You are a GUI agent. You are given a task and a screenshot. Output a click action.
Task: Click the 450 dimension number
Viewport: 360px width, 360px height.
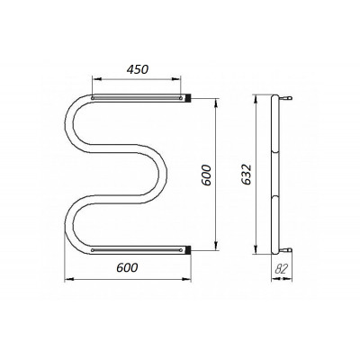[x=138, y=69]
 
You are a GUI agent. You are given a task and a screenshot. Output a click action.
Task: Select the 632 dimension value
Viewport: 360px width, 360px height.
[x=247, y=175]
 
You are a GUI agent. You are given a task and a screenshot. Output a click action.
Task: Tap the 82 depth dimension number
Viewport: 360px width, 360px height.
[x=282, y=269]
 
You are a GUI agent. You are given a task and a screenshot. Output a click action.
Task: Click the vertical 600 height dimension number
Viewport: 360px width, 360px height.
[x=207, y=175]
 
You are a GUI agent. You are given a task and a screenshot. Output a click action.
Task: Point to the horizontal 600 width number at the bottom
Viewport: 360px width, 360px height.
[x=127, y=267]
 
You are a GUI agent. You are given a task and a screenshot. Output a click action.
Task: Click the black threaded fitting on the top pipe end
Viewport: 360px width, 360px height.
[x=188, y=98]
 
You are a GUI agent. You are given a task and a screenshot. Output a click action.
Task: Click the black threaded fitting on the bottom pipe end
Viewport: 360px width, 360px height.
[x=188, y=250]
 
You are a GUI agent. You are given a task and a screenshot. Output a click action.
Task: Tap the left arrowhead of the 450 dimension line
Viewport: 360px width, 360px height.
[x=96, y=79]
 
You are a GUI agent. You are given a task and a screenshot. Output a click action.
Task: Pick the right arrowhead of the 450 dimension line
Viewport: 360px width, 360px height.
[x=176, y=79]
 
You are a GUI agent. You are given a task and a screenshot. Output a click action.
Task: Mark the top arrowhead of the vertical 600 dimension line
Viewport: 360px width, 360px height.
[x=216, y=103]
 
